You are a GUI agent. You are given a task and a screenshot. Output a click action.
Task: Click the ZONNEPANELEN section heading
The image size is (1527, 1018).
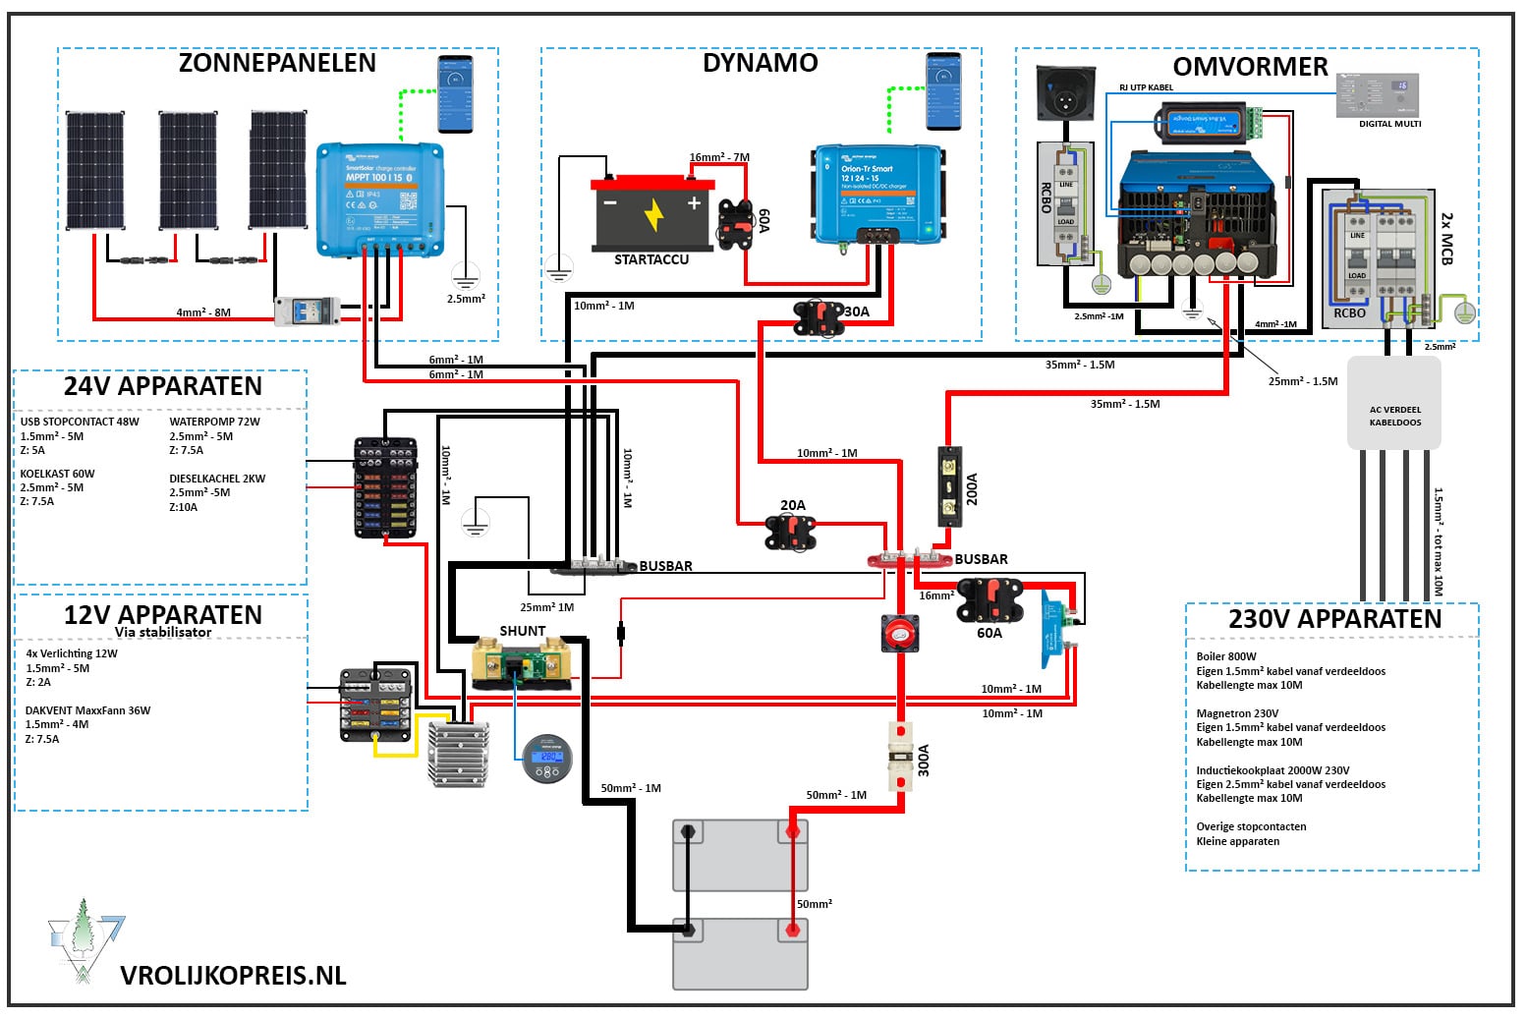point(277,63)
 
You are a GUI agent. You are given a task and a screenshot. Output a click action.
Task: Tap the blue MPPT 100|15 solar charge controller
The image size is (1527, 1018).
point(379,199)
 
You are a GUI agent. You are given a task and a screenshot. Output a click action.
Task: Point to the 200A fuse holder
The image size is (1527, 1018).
point(949,487)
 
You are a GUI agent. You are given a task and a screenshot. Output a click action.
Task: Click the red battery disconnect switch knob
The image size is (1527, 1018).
point(899,634)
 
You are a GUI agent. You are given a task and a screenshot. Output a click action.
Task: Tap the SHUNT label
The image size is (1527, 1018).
point(522,631)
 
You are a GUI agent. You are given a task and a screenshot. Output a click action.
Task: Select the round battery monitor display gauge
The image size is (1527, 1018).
point(546,760)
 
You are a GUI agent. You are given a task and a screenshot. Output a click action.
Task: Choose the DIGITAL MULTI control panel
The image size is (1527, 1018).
point(1378,96)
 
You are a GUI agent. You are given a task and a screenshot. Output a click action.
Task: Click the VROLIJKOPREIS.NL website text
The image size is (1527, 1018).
point(233,975)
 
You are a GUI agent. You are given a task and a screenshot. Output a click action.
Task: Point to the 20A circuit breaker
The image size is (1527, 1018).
point(790,532)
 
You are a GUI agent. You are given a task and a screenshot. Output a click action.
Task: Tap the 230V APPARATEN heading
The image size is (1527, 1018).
point(1334,619)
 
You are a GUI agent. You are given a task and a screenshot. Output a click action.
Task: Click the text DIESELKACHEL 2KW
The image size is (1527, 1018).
point(217,479)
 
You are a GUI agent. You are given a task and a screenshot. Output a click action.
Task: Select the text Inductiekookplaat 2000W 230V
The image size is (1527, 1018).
point(1272,770)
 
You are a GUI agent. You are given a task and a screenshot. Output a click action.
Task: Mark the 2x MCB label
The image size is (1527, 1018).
point(1445,238)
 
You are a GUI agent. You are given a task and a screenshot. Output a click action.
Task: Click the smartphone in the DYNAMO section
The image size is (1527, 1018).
point(943,91)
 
